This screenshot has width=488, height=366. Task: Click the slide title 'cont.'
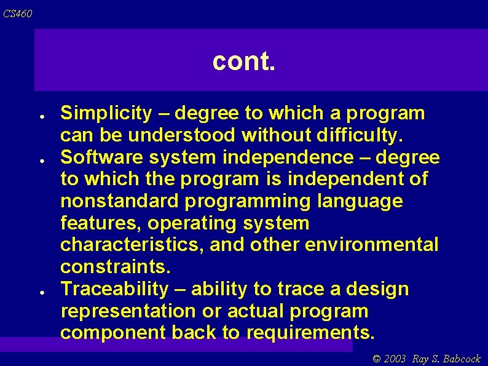(x=243, y=62)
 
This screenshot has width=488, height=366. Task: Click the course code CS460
(x=18, y=14)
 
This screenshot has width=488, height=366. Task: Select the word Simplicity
(x=106, y=114)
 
